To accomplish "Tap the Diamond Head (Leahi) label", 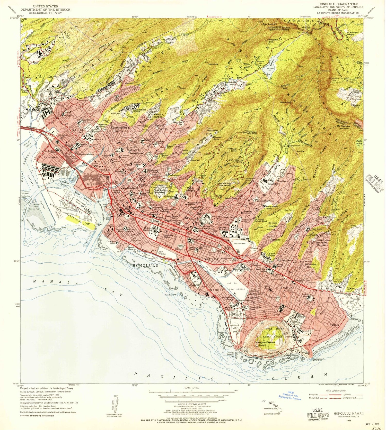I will point(265,344).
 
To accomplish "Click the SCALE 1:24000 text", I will point(191,388).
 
